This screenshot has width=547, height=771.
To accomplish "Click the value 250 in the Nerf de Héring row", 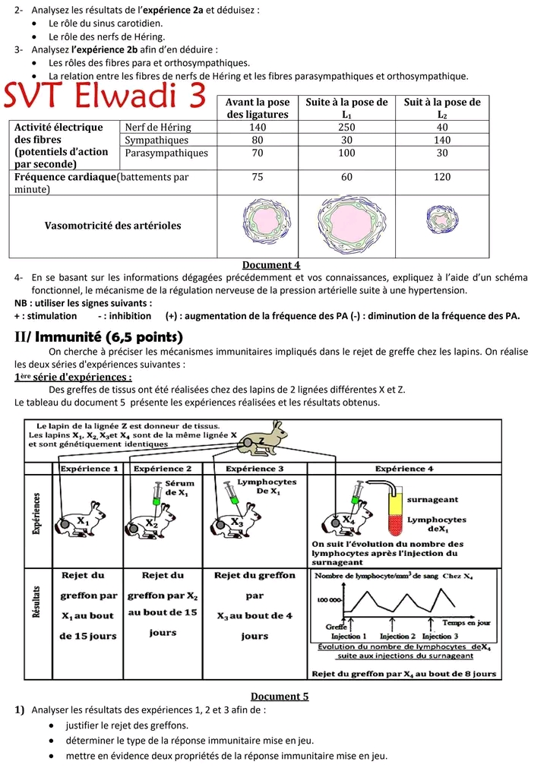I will click(x=346, y=128).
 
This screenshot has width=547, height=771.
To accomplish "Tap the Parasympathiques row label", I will click(x=166, y=153).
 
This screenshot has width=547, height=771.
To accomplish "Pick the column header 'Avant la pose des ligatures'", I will click(x=258, y=108).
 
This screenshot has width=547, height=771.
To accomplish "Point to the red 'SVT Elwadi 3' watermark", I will click(x=106, y=98).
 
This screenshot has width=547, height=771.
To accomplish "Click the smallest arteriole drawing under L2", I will click(x=441, y=220).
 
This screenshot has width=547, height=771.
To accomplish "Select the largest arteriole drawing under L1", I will click(x=346, y=221).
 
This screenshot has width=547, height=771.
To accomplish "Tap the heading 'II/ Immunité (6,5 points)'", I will click(x=99, y=337).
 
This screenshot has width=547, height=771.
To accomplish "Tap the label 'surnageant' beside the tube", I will click(x=432, y=500).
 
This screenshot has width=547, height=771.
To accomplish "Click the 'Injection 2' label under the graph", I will click(x=397, y=636).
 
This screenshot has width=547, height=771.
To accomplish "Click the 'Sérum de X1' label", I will click(x=179, y=487).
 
